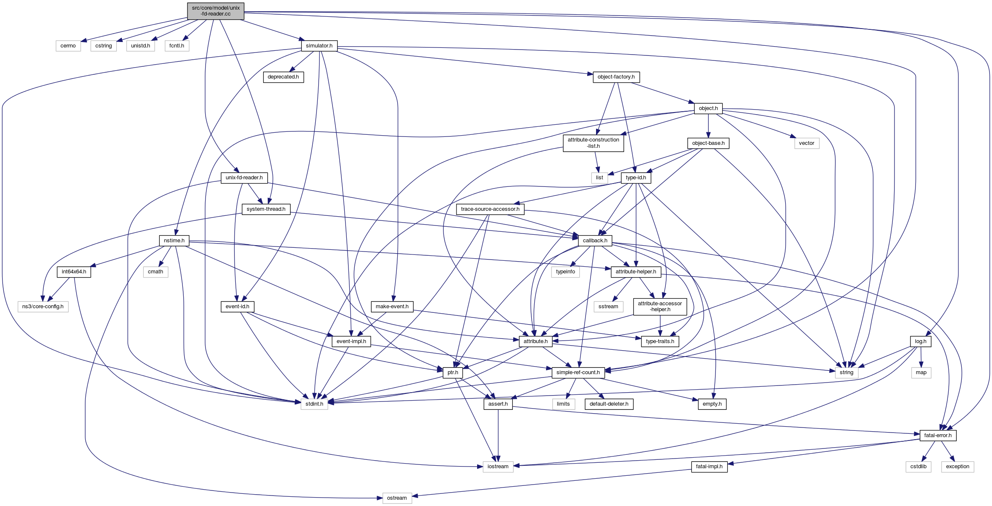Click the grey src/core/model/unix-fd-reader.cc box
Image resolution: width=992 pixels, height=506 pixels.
click(x=216, y=11)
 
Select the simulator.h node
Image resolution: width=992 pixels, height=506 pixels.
click(x=319, y=46)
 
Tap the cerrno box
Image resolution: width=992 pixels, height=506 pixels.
click(x=68, y=46)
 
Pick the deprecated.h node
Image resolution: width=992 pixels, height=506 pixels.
click(x=283, y=77)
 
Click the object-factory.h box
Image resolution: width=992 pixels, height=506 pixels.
click(x=616, y=77)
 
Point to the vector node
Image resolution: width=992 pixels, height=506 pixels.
click(x=807, y=143)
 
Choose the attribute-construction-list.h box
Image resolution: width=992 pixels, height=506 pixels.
click(x=594, y=143)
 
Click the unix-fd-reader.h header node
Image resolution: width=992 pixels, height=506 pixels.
click(x=244, y=178)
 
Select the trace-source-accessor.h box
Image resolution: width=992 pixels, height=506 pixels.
click(x=490, y=209)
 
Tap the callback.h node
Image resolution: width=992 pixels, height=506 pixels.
click(x=595, y=241)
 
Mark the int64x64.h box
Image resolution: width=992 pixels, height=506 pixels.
click(x=74, y=272)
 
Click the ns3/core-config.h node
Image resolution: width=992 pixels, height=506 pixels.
click(x=43, y=307)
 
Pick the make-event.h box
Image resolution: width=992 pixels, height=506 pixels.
click(x=392, y=307)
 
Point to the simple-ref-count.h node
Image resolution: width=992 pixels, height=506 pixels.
click(x=578, y=372)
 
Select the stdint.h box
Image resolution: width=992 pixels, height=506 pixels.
click(x=314, y=404)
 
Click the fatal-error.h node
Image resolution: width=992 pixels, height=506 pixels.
click(x=938, y=435)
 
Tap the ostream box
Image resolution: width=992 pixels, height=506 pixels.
click(x=397, y=498)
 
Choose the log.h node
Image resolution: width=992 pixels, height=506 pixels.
click(x=921, y=341)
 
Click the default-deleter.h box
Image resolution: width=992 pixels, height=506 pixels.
click(x=609, y=404)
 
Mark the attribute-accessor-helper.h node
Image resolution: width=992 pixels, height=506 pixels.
click(x=660, y=307)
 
